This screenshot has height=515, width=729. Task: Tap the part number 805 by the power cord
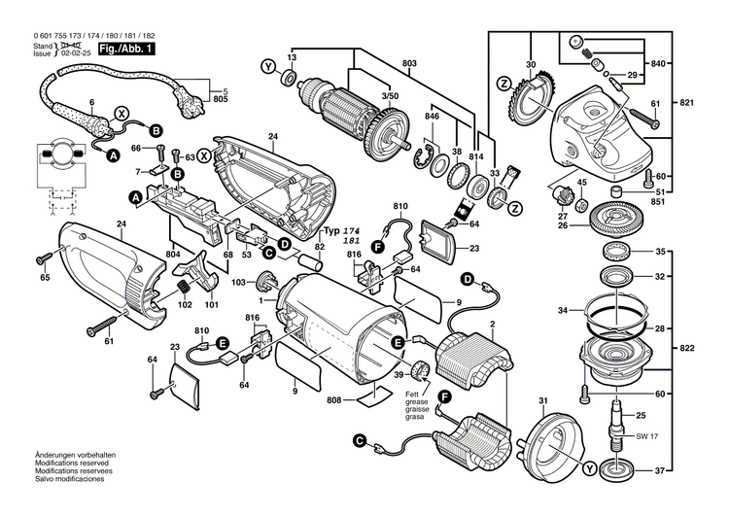point(221,98)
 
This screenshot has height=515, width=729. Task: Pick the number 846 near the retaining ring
point(432,117)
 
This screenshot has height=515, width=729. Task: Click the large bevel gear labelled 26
point(615,220)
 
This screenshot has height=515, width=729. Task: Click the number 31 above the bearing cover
point(542,398)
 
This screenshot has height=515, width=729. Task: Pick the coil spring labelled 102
point(182,288)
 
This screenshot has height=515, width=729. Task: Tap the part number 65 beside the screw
point(44,278)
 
